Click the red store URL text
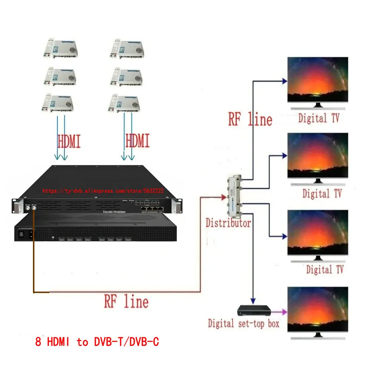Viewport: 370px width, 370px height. pos(103,191)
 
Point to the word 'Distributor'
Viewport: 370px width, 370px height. pos(228,223)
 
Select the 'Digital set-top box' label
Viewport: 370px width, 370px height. pos(243,324)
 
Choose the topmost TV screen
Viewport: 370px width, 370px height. pos(318,80)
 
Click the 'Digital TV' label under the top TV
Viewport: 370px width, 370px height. pos(318,119)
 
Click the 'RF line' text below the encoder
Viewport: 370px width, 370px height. pos(126,301)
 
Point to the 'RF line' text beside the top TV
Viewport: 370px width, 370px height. pos(250,119)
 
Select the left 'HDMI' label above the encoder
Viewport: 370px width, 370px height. pos(69,141)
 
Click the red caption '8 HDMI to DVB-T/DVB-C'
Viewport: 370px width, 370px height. pos(97,342)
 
